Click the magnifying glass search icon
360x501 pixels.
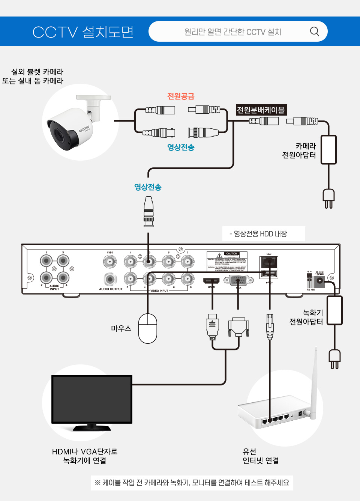(314, 32)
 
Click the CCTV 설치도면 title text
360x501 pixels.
(83, 32)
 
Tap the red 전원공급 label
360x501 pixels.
(181, 96)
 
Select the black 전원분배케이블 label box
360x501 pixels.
(261, 110)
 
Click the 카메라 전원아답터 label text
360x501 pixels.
(299, 150)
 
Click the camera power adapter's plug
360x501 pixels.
(328, 198)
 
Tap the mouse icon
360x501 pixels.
(148, 328)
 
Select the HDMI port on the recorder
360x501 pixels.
(211, 281)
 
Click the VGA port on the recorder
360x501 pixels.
(238, 280)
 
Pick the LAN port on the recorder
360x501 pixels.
(269, 262)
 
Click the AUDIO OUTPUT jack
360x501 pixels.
(110, 279)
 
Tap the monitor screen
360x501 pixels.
(92, 399)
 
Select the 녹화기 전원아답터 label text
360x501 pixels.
(306, 317)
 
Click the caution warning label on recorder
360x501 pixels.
(227, 261)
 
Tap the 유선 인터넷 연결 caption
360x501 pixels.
(261, 456)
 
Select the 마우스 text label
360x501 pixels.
(121, 328)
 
